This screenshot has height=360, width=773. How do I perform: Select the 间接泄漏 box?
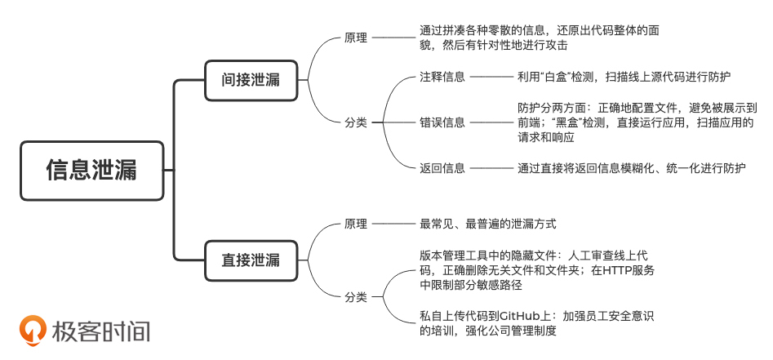tap(251, 80)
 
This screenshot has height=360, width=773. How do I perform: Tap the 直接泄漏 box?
tap(251, 260)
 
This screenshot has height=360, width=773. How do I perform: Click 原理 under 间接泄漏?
tap(356, 38)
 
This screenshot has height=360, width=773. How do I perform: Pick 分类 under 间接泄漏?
tap(356, 122)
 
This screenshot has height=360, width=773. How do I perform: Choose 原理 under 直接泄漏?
tap(356, 223)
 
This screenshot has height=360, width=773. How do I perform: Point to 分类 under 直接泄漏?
tap(356, 296)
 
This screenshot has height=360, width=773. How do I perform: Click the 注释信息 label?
tap(442, 77)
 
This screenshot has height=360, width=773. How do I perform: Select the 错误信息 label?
tap(442, 122)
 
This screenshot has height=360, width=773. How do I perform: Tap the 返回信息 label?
tap(442, 168)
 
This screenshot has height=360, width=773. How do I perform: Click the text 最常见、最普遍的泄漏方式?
tap(487, 223)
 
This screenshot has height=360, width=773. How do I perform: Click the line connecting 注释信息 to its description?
tap(491, 77)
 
